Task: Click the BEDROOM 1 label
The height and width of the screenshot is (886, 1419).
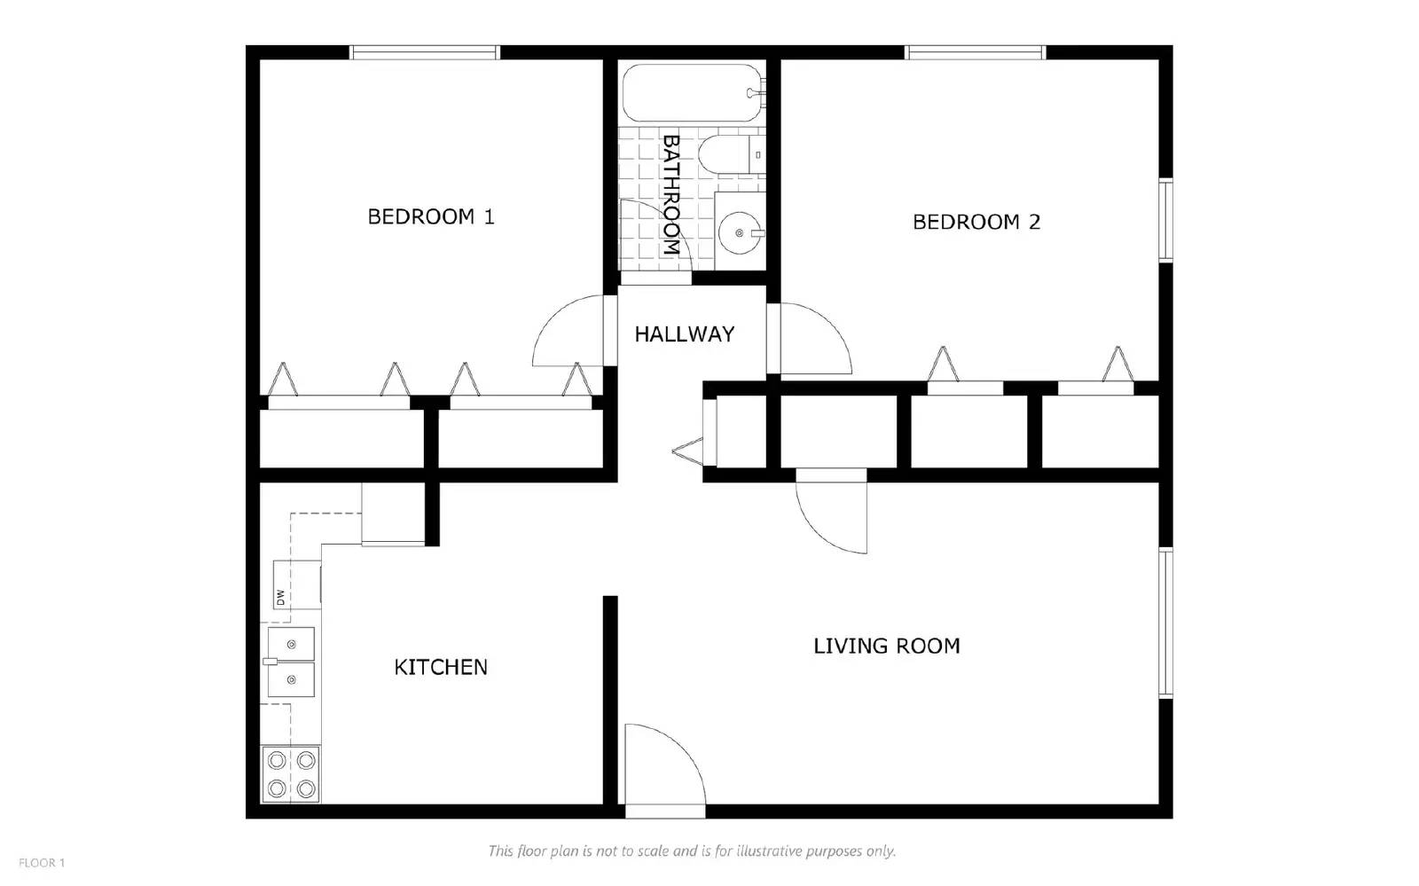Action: [x=431, y=216]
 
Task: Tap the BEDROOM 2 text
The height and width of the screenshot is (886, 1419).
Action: [x=976, y=222]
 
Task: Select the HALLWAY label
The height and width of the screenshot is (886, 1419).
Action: [x=684, y=334]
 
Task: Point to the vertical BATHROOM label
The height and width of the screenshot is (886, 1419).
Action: [x=670, y=195]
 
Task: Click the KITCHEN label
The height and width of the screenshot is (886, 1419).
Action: [x=441, y=667]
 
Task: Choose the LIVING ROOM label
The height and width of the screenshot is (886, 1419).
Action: [x=886, y=646]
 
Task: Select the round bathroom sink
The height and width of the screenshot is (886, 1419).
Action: [x=739, y=233]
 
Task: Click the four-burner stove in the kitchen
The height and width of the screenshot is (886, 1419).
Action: [x=291, y=774]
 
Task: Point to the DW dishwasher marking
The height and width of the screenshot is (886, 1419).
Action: [x=280, y=597]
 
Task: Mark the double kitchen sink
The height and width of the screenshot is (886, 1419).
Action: [x=291, y=663]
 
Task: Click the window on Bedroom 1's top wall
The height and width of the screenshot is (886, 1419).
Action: [x=425, y=52]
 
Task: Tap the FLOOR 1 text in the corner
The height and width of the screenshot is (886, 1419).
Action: [x=42, y=862]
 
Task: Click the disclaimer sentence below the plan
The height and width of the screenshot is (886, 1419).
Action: [x=692, y=851]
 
